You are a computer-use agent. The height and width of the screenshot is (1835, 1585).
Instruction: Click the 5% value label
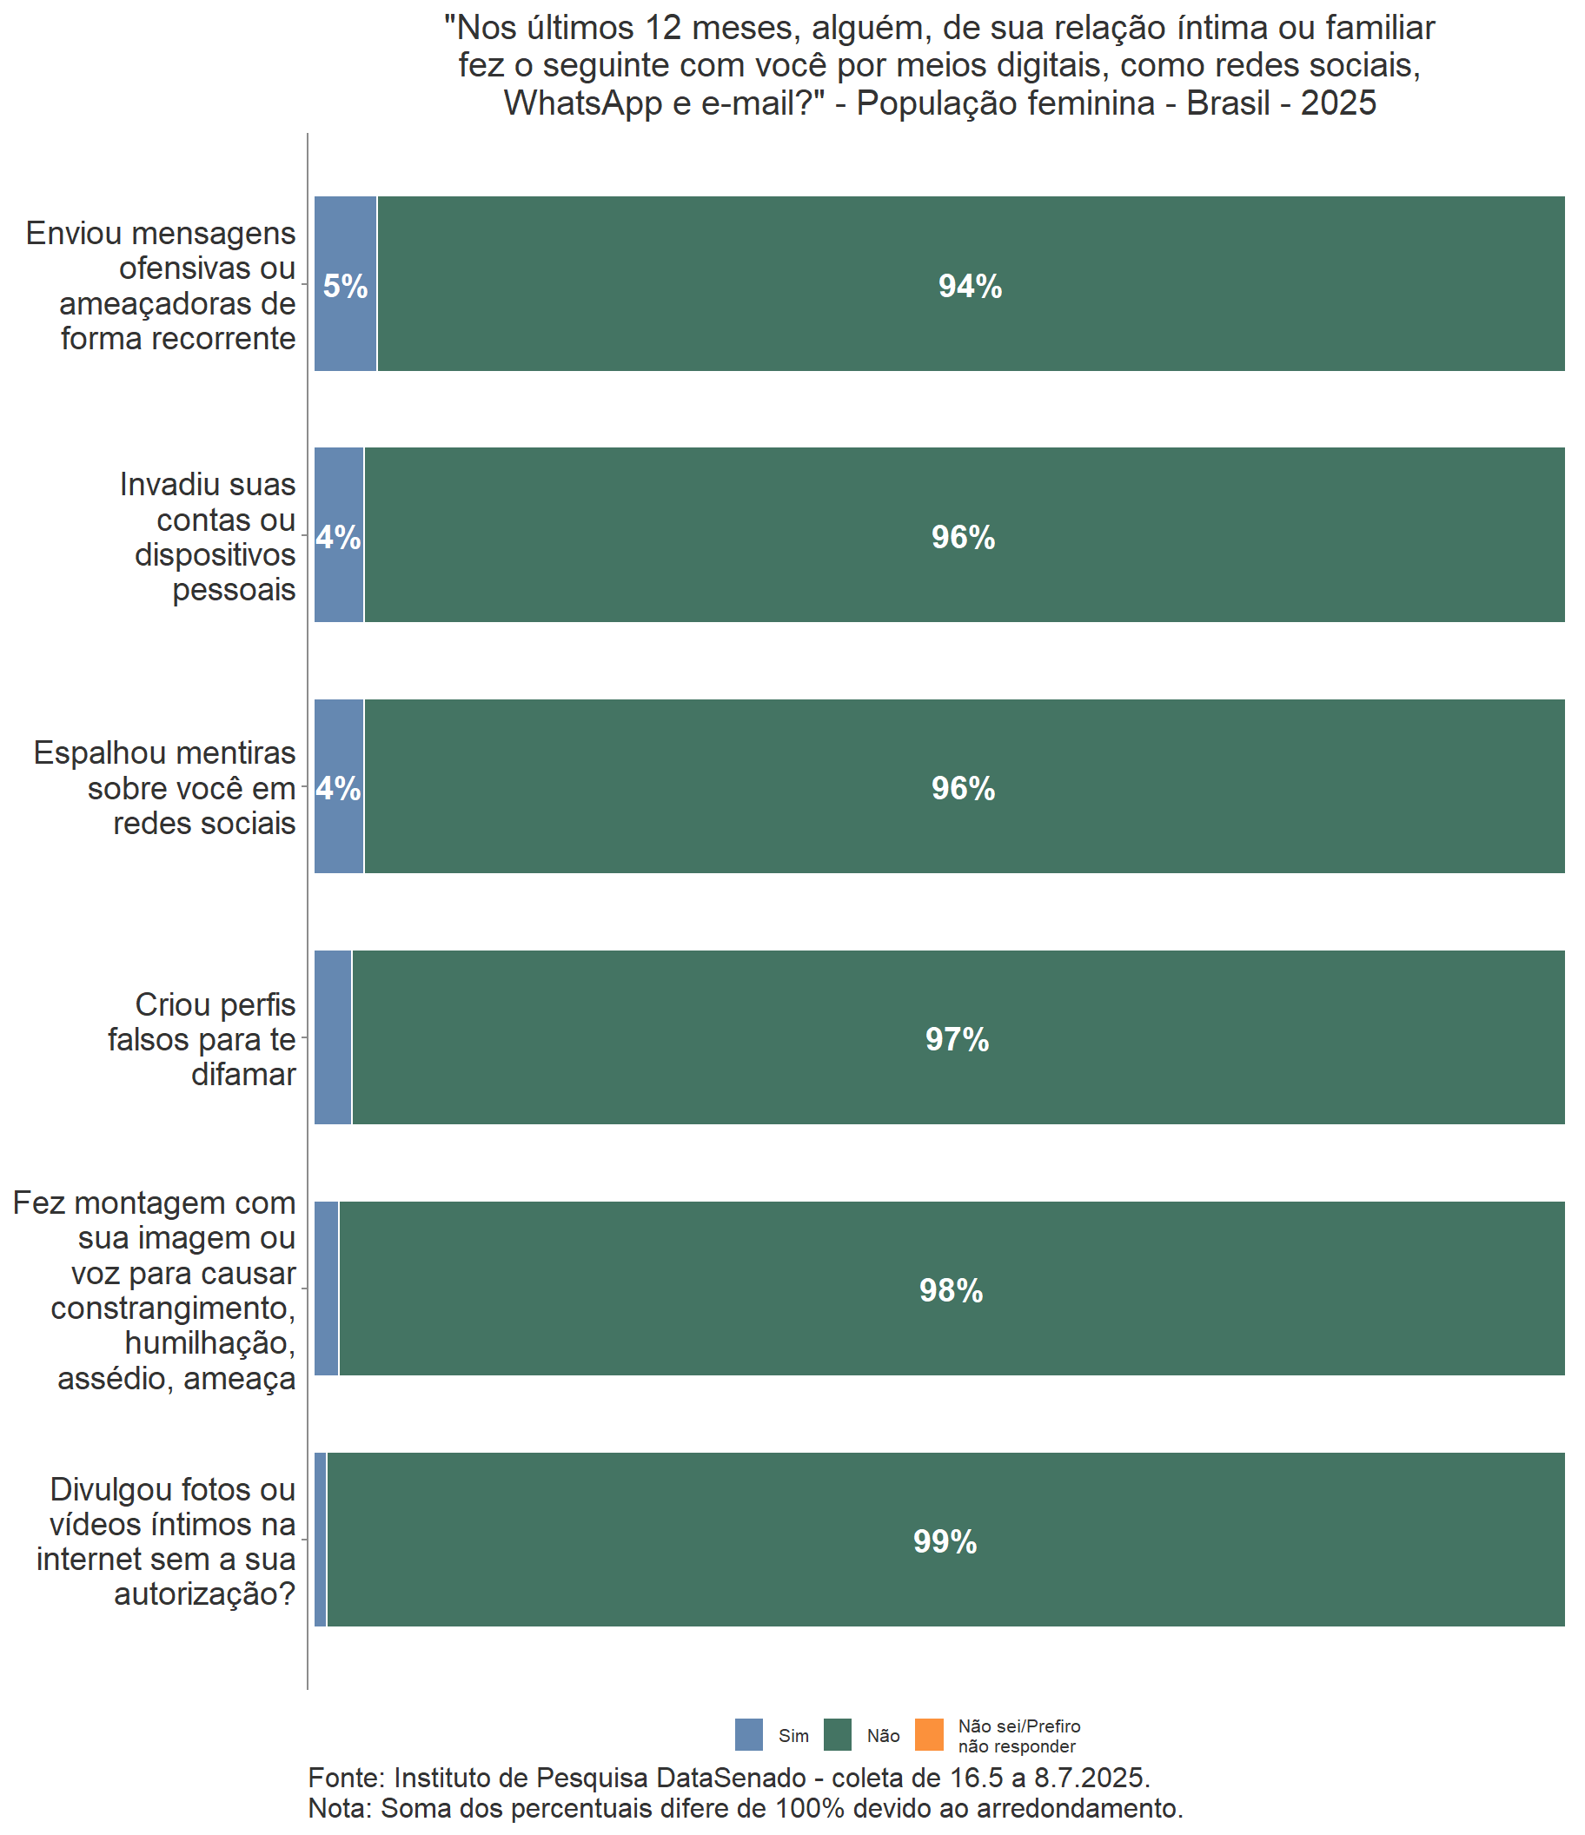tap(345, 286)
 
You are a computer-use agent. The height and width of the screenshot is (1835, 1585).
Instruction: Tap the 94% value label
tap(969, 286)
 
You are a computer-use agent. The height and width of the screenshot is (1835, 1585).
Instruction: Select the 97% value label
tap(957, 1039)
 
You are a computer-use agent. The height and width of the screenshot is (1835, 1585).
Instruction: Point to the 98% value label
tap(951, 1290)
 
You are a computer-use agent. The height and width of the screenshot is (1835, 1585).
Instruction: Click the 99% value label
tap(945, 1542)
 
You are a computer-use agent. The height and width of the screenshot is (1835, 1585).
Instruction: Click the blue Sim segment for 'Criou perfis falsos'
tap(333, 1037)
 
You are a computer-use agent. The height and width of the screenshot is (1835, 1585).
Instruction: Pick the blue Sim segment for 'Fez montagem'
tap(326, 1288)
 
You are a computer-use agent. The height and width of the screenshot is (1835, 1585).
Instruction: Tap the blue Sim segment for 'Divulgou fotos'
tap(321, 1540)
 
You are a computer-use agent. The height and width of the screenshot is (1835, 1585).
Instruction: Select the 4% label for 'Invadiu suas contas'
tap(338, 538)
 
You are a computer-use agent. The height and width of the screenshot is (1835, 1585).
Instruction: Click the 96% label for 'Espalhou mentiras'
tap(963, 788)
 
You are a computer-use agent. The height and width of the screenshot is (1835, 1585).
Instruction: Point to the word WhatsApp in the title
tap(583, 103)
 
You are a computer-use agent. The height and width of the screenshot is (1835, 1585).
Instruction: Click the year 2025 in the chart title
tap(1338, 103)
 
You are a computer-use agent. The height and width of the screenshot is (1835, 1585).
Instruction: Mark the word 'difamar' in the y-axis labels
tap(243, 1074)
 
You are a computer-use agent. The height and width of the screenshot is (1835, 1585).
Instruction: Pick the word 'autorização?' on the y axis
tap(205, 1594)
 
